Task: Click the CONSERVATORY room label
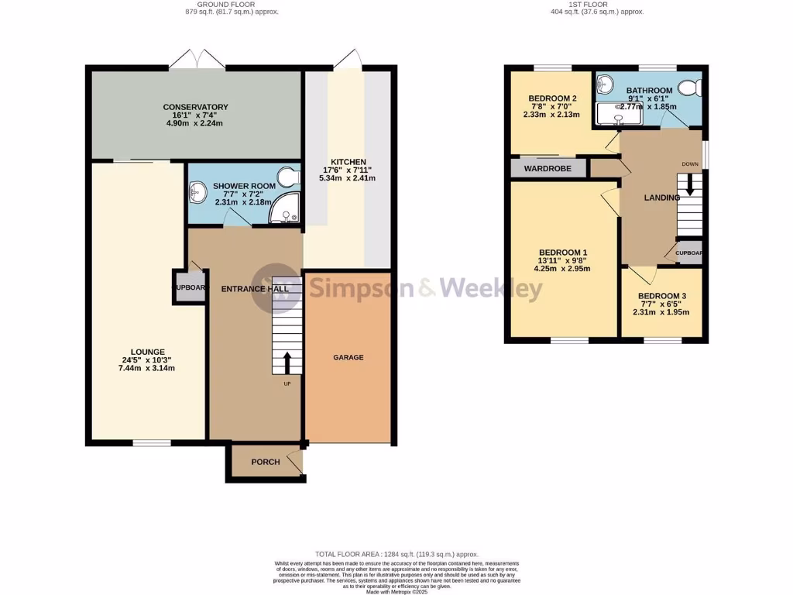pyautogui.click(x=195, y=107)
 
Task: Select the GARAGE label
pyautogui.click(x=348, y=357)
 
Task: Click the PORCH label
pyautogui.click(x=266, y=462)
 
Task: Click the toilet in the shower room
pyautogui.click(x=290, y=177)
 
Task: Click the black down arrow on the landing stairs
pyautogui.click(x=690, y=187)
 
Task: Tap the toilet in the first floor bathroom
pyautogui.click(x=687, y=88)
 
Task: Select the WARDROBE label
pyautogui.click(x=548, y=168)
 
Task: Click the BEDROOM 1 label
pyautogui.click(x=563, y=253)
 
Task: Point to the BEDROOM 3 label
pyautogui.click(x=661, y=296)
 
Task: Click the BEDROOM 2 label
pyautogui.click(x=552, y=98)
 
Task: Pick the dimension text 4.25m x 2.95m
pyautogui.click(x=563, y=270)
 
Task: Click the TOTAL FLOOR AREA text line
pyautogui.click(x=396, y=555)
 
